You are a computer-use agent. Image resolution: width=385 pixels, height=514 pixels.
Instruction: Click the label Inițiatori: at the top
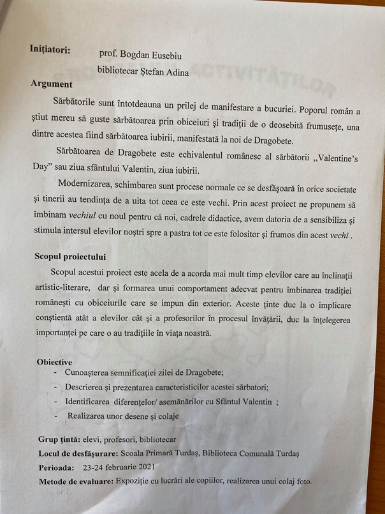point(50,49)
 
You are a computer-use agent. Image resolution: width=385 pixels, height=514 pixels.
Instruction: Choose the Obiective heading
point(54,362)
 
